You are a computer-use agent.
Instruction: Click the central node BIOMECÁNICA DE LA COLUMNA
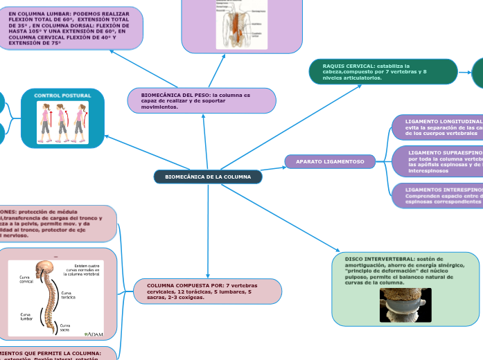coord(208,177)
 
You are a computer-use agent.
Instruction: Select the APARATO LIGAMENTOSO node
coord(330,161)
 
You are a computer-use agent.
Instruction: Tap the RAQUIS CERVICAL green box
coord(383,71)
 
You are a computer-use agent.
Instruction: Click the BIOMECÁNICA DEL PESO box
coord(202,100)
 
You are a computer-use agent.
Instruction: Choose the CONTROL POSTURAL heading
coord(62,95)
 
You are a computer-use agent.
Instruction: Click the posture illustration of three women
coord(63,122)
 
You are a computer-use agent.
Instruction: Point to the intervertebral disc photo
coord(405,305)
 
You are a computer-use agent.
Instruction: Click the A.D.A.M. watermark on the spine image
coord(94,334)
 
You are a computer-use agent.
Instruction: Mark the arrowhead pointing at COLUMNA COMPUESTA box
coord(208,276)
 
